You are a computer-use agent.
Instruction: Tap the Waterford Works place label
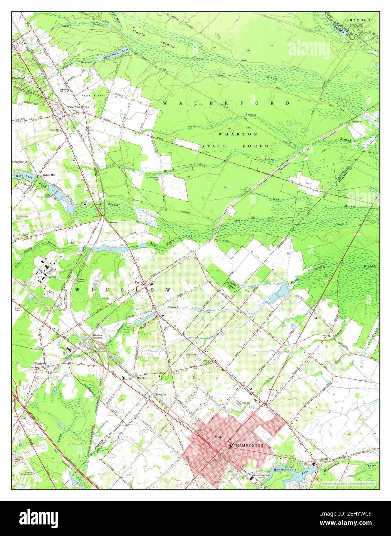[x=78, y=107]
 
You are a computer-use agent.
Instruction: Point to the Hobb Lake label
[x=25, y=176]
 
